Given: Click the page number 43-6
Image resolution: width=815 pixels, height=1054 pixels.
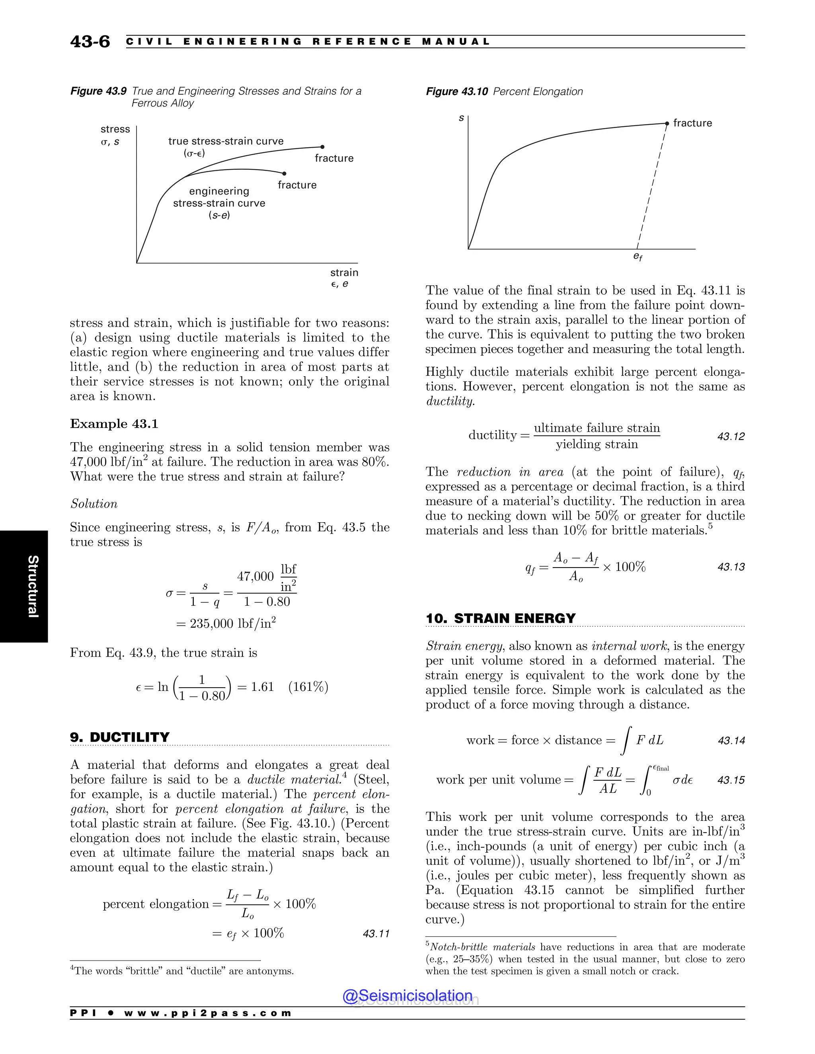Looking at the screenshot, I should [90, 41].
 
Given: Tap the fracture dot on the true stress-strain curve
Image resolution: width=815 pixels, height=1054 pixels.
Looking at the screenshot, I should [322, 147].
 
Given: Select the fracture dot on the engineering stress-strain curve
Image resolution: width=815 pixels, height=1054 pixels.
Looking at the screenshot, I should [285, 173].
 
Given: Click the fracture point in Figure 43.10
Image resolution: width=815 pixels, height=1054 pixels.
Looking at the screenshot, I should [667, 124].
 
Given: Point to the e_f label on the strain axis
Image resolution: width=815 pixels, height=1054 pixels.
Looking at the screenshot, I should [638, 257].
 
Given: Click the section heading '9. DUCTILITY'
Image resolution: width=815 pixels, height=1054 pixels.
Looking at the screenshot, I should [120, 737].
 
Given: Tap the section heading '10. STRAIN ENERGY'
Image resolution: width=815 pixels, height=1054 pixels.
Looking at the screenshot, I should [500, 619].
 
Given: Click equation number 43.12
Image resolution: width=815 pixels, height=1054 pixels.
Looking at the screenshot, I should [731, 437].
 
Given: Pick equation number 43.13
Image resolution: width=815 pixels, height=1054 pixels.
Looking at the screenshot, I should [731, 567].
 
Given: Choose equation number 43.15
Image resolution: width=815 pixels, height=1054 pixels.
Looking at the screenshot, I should [731, 780].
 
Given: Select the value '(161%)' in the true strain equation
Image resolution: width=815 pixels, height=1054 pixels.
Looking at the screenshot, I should [308, 687].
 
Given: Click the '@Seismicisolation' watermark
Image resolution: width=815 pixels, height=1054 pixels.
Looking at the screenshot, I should [407, 996].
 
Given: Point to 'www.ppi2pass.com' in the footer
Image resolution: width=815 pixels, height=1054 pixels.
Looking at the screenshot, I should [208, 1013].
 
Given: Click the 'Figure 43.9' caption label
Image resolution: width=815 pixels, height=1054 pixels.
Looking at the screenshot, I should [99, 91].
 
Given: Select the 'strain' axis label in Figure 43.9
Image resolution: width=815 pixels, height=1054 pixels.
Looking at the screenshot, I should [344, 273].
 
